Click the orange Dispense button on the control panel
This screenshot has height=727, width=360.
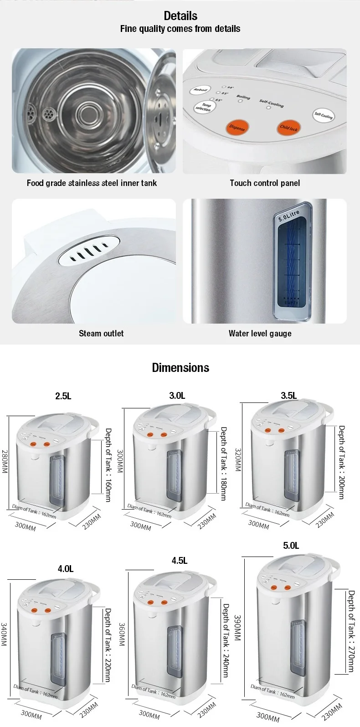pyautogui.click(x=237, y=127)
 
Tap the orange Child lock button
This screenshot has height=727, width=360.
pyautogui.click(x=288, y=128)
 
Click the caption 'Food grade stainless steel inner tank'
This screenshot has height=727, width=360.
pyautogui.click(x=92, y=183)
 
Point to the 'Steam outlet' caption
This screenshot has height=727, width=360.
pyautogui.click(x=101, y=333)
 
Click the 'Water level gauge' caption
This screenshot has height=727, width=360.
pyautogui.click(x=260, y=333)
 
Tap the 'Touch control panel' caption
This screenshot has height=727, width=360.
pyautogui.click(x=265, y=183)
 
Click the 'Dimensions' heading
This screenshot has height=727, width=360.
pyautogui.click(x=180, y=368)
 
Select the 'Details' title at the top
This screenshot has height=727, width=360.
pyautogui.click(x=180, y=16)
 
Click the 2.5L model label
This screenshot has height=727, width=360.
pyautogui.click(x=63, y=396)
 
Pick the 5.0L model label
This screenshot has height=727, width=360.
pyautogui.click(x=291, y=546)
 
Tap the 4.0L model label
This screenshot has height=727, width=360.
pyautogui.click(x=66, y=569)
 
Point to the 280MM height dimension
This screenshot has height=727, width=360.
pyautogui.click(x=5, y=461)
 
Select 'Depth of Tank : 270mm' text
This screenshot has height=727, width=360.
pyautogui.click(x=351, y=631)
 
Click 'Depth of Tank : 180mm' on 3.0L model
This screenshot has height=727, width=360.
pyautogui.click(x=223, y=463)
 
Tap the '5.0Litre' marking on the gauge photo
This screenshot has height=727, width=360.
pyautogui.click(x=289, y=216)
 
